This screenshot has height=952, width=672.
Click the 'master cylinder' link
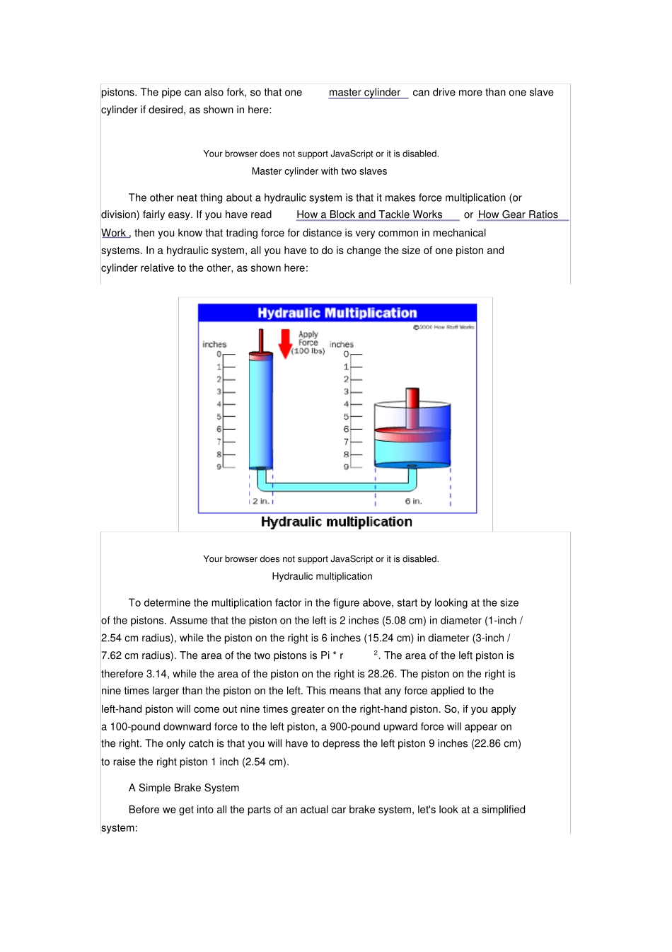point(365,93)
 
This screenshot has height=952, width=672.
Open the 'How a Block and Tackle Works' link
point(369,215)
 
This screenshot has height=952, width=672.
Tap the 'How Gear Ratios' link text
point(518,215)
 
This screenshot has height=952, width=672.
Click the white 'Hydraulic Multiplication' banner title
point(337,313)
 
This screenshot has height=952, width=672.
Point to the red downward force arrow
point(285,343)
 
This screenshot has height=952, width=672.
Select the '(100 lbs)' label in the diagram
point(308,351)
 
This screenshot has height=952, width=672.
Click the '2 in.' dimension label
point(260,501)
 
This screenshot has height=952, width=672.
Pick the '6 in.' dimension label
point(413,501)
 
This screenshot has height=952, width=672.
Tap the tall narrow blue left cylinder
point(260,411)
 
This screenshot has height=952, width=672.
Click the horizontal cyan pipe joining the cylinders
point(332,487)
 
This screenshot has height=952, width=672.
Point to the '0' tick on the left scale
point(219,354)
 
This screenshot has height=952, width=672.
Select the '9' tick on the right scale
point(346,467)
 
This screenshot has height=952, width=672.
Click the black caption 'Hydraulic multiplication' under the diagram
point(336,522)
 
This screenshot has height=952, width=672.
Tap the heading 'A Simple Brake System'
point(184,788)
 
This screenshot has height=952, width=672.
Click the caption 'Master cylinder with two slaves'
point(319,171)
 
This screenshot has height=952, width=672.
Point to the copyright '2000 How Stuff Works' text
point(445,327)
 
